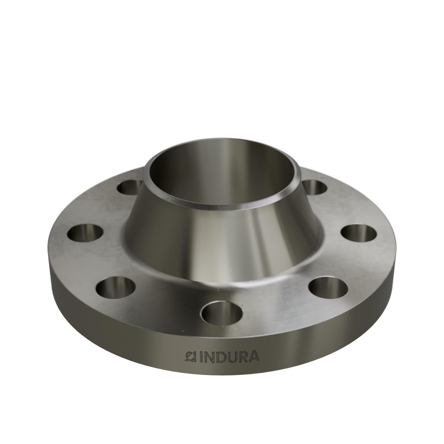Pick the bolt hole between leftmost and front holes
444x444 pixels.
coord(116,285)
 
